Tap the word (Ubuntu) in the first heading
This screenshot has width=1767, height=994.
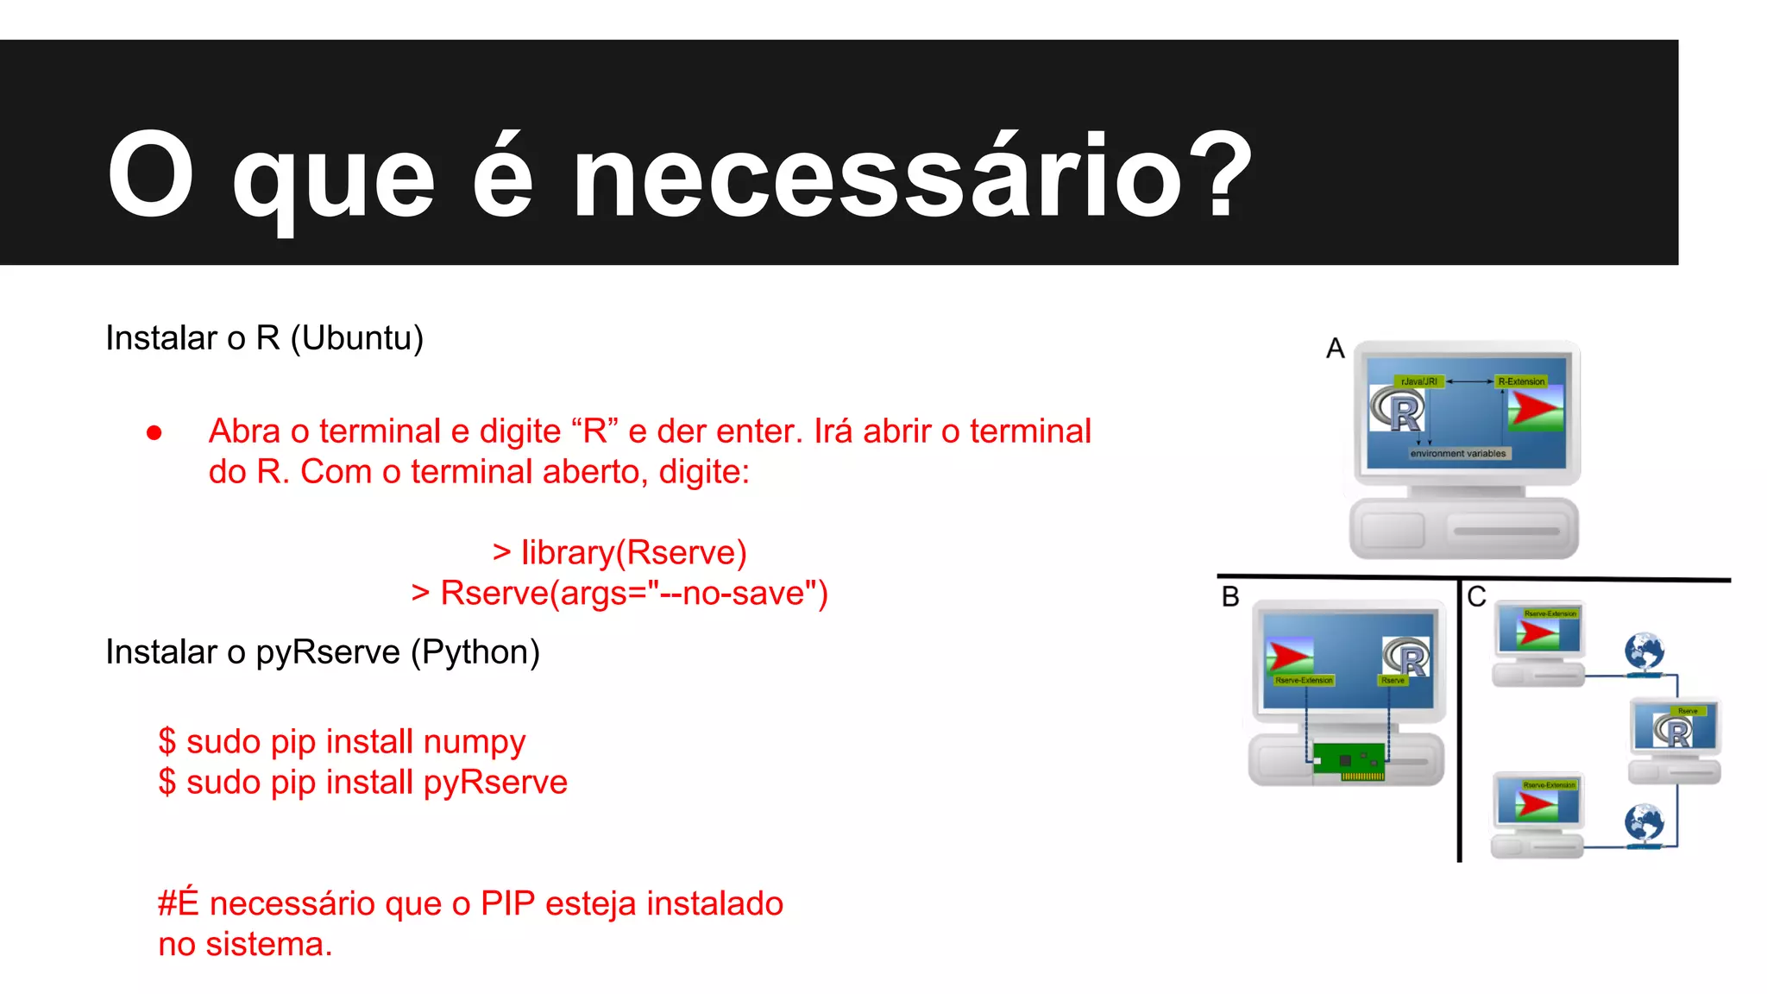click(357, 338)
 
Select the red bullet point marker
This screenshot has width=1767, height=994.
click(154, 432)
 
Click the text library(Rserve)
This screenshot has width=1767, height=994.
click(633, 552)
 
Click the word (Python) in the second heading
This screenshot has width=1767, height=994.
click(475, 652)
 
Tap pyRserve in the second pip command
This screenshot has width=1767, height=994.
click(495, 783)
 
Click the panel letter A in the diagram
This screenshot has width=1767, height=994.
click(1336, 349)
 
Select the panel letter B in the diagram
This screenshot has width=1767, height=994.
click(1230, 597)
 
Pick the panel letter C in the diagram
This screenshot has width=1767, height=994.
click(1476, 597)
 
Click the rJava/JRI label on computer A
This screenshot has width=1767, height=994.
click(1418, 381)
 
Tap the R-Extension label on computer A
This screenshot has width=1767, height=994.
click(1521, 381)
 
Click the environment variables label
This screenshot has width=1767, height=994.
click(1458, 454)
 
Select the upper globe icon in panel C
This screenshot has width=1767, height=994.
click(1644, 651)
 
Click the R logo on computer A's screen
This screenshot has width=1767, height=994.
click(1398, 410)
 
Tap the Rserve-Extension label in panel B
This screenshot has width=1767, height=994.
click(1304, 681)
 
